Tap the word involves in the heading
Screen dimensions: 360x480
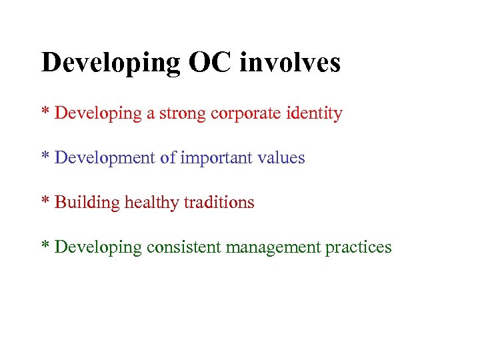[x=290, y=63]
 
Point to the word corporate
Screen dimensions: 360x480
[x=243, y=114]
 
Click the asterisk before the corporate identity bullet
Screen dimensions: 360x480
[x=46, y=111]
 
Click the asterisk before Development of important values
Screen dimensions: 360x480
[x=46, y=156]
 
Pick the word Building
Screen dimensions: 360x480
[x=87, y=203]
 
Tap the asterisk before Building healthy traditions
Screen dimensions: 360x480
[x=46, y=200]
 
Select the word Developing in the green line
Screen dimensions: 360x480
[x=98, y=248]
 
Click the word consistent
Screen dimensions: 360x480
[x=185, y=247]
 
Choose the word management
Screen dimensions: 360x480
[x=273, y=248]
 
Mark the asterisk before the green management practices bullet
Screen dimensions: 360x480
[x=46, y=245]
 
